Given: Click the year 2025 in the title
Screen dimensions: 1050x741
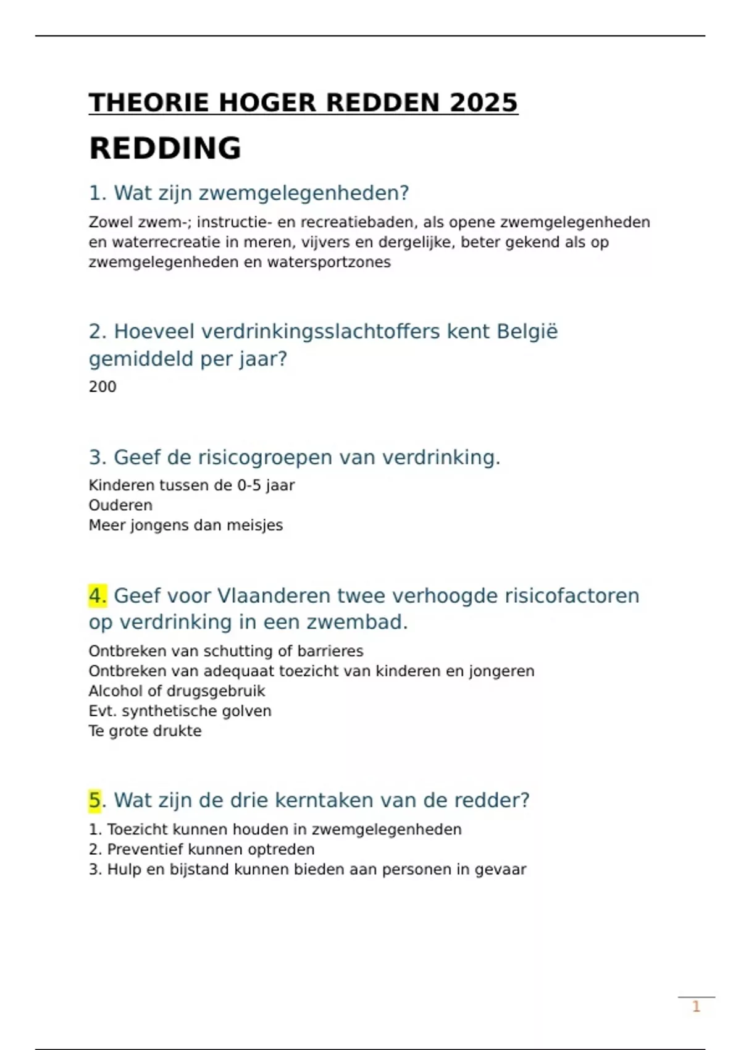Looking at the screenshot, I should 484,103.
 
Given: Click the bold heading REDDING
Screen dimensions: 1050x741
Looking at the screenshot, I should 165,148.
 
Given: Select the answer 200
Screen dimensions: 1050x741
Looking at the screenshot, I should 103,387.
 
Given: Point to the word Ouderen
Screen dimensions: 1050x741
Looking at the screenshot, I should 120,505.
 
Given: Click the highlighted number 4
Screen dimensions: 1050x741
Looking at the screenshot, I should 98,596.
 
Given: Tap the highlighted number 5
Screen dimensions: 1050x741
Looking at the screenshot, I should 94,800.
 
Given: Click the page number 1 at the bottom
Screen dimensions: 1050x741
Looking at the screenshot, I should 696,1007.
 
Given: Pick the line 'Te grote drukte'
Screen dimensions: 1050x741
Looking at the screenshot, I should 145,731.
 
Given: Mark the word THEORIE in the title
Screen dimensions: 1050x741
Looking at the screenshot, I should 149,103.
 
